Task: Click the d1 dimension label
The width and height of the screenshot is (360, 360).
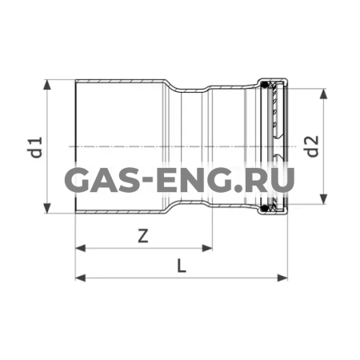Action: [35, 147]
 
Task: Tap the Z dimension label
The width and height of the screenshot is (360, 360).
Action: [143, 236]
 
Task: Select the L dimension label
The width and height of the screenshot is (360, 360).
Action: [182, 266]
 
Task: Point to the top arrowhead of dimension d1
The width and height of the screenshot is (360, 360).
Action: [47, 85]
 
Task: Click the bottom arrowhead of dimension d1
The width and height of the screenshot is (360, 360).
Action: [47, 208]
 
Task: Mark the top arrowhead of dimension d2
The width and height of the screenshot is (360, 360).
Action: [323, 94]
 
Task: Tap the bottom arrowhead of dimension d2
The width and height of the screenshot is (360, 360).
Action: [323, 199]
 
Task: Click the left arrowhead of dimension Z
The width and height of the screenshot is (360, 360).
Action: [81, 248]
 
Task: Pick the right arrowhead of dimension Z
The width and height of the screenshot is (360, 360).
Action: [207, 248]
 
